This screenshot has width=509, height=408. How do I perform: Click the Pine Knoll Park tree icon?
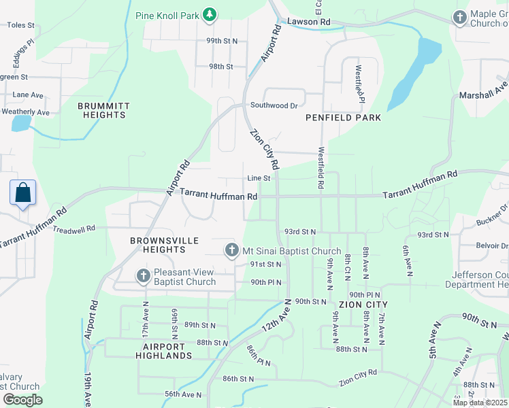[210, 14]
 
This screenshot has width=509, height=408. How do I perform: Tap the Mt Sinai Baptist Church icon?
[231, 251]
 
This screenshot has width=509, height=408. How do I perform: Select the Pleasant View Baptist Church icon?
[143, 276]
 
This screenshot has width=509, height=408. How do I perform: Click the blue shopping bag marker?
[23, 192]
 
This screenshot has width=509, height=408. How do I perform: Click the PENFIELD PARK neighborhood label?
[343, 118]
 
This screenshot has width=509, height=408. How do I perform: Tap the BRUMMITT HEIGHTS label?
[101, 110]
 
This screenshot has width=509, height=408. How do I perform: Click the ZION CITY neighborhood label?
[362, 305]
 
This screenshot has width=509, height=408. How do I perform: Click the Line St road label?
[259, 178]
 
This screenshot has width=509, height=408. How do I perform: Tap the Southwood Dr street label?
[274, 105]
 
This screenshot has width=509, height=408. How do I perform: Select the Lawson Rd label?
[308, 22]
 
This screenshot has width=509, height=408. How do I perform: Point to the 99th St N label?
[223, 41]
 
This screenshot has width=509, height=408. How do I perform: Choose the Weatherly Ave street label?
[26, 112]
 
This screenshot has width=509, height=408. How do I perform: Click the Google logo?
[22, 400]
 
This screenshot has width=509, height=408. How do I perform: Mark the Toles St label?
[20, 25]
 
